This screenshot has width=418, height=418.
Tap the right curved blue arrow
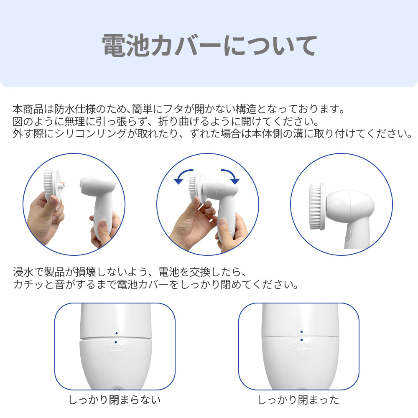[231, 176]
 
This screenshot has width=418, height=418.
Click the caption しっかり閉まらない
[115, 400]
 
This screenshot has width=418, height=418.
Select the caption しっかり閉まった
[298, 400]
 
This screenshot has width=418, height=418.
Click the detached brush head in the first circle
[52, 184]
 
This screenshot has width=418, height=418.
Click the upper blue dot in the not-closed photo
[116, 333]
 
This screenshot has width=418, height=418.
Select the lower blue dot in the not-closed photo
[115, 342]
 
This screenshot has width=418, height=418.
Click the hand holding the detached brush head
[44, 217]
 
